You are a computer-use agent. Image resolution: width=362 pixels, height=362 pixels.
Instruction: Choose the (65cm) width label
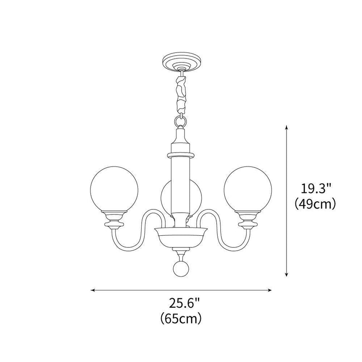tap(181, 319)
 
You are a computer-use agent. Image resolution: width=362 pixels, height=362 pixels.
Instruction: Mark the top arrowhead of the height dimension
tap(286, 128)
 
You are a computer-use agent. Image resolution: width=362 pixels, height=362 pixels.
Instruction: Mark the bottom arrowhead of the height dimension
tap(286, 274)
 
